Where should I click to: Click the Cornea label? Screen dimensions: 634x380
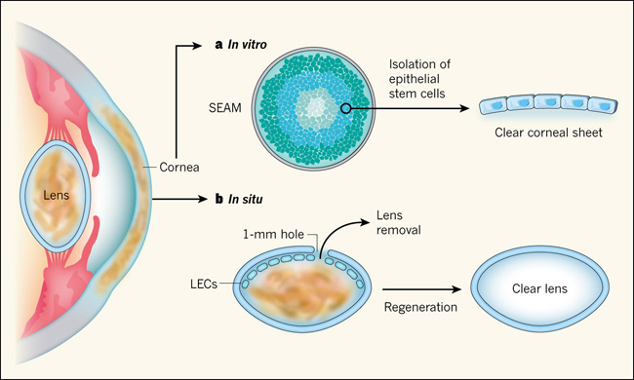click(x=179, y=167)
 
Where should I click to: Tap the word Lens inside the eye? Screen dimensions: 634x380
click(x=57, y=196)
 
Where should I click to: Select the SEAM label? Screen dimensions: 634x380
click(x=224, y=108)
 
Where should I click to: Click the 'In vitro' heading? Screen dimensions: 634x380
click(x=247, y=44)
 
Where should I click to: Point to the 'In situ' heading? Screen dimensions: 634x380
click(x=246, y=199)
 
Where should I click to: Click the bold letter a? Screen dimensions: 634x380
click(x=218, y=45)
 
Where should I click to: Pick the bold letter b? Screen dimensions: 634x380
click(x=219, y=199)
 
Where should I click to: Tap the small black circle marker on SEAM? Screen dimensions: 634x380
click(x=345, y=108)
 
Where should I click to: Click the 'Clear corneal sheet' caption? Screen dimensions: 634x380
click(x=548, y=133)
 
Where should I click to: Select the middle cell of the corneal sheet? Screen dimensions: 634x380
click(x=548, y=102)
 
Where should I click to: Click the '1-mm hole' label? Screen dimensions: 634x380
click(x=273, y=234)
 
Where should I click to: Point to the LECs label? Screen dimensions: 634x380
click(x=204, y=284)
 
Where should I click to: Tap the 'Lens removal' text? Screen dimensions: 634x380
click(x=399, y=222)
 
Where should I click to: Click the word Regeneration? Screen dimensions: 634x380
click(x=420, y=307)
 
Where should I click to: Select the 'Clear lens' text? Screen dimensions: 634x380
click(x=539, y=288)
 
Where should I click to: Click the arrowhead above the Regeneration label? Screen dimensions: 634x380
click(x=456, y=289)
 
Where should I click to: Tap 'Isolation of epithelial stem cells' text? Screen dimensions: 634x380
click(x=419, y=79)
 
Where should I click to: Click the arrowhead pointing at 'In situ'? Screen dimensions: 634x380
click(x=203, y=199)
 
